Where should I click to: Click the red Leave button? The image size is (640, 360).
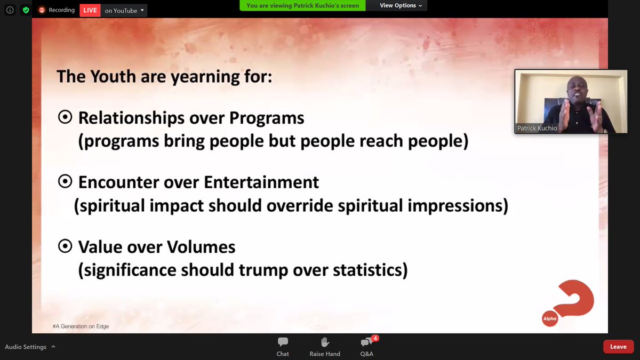click(618, 347)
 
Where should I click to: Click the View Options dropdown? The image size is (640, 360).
click(401, 5)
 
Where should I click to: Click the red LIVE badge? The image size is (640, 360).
click(90, 10)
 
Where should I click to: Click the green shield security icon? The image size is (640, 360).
click(25, 10)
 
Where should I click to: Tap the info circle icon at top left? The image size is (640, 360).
click(10, 10)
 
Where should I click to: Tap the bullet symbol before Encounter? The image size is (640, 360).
click(65, 182)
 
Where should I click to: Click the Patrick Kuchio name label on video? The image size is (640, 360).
click(537, 129)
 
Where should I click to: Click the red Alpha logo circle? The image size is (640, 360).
click(549, 318)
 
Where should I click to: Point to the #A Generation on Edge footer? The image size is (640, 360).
click(81, 326)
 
